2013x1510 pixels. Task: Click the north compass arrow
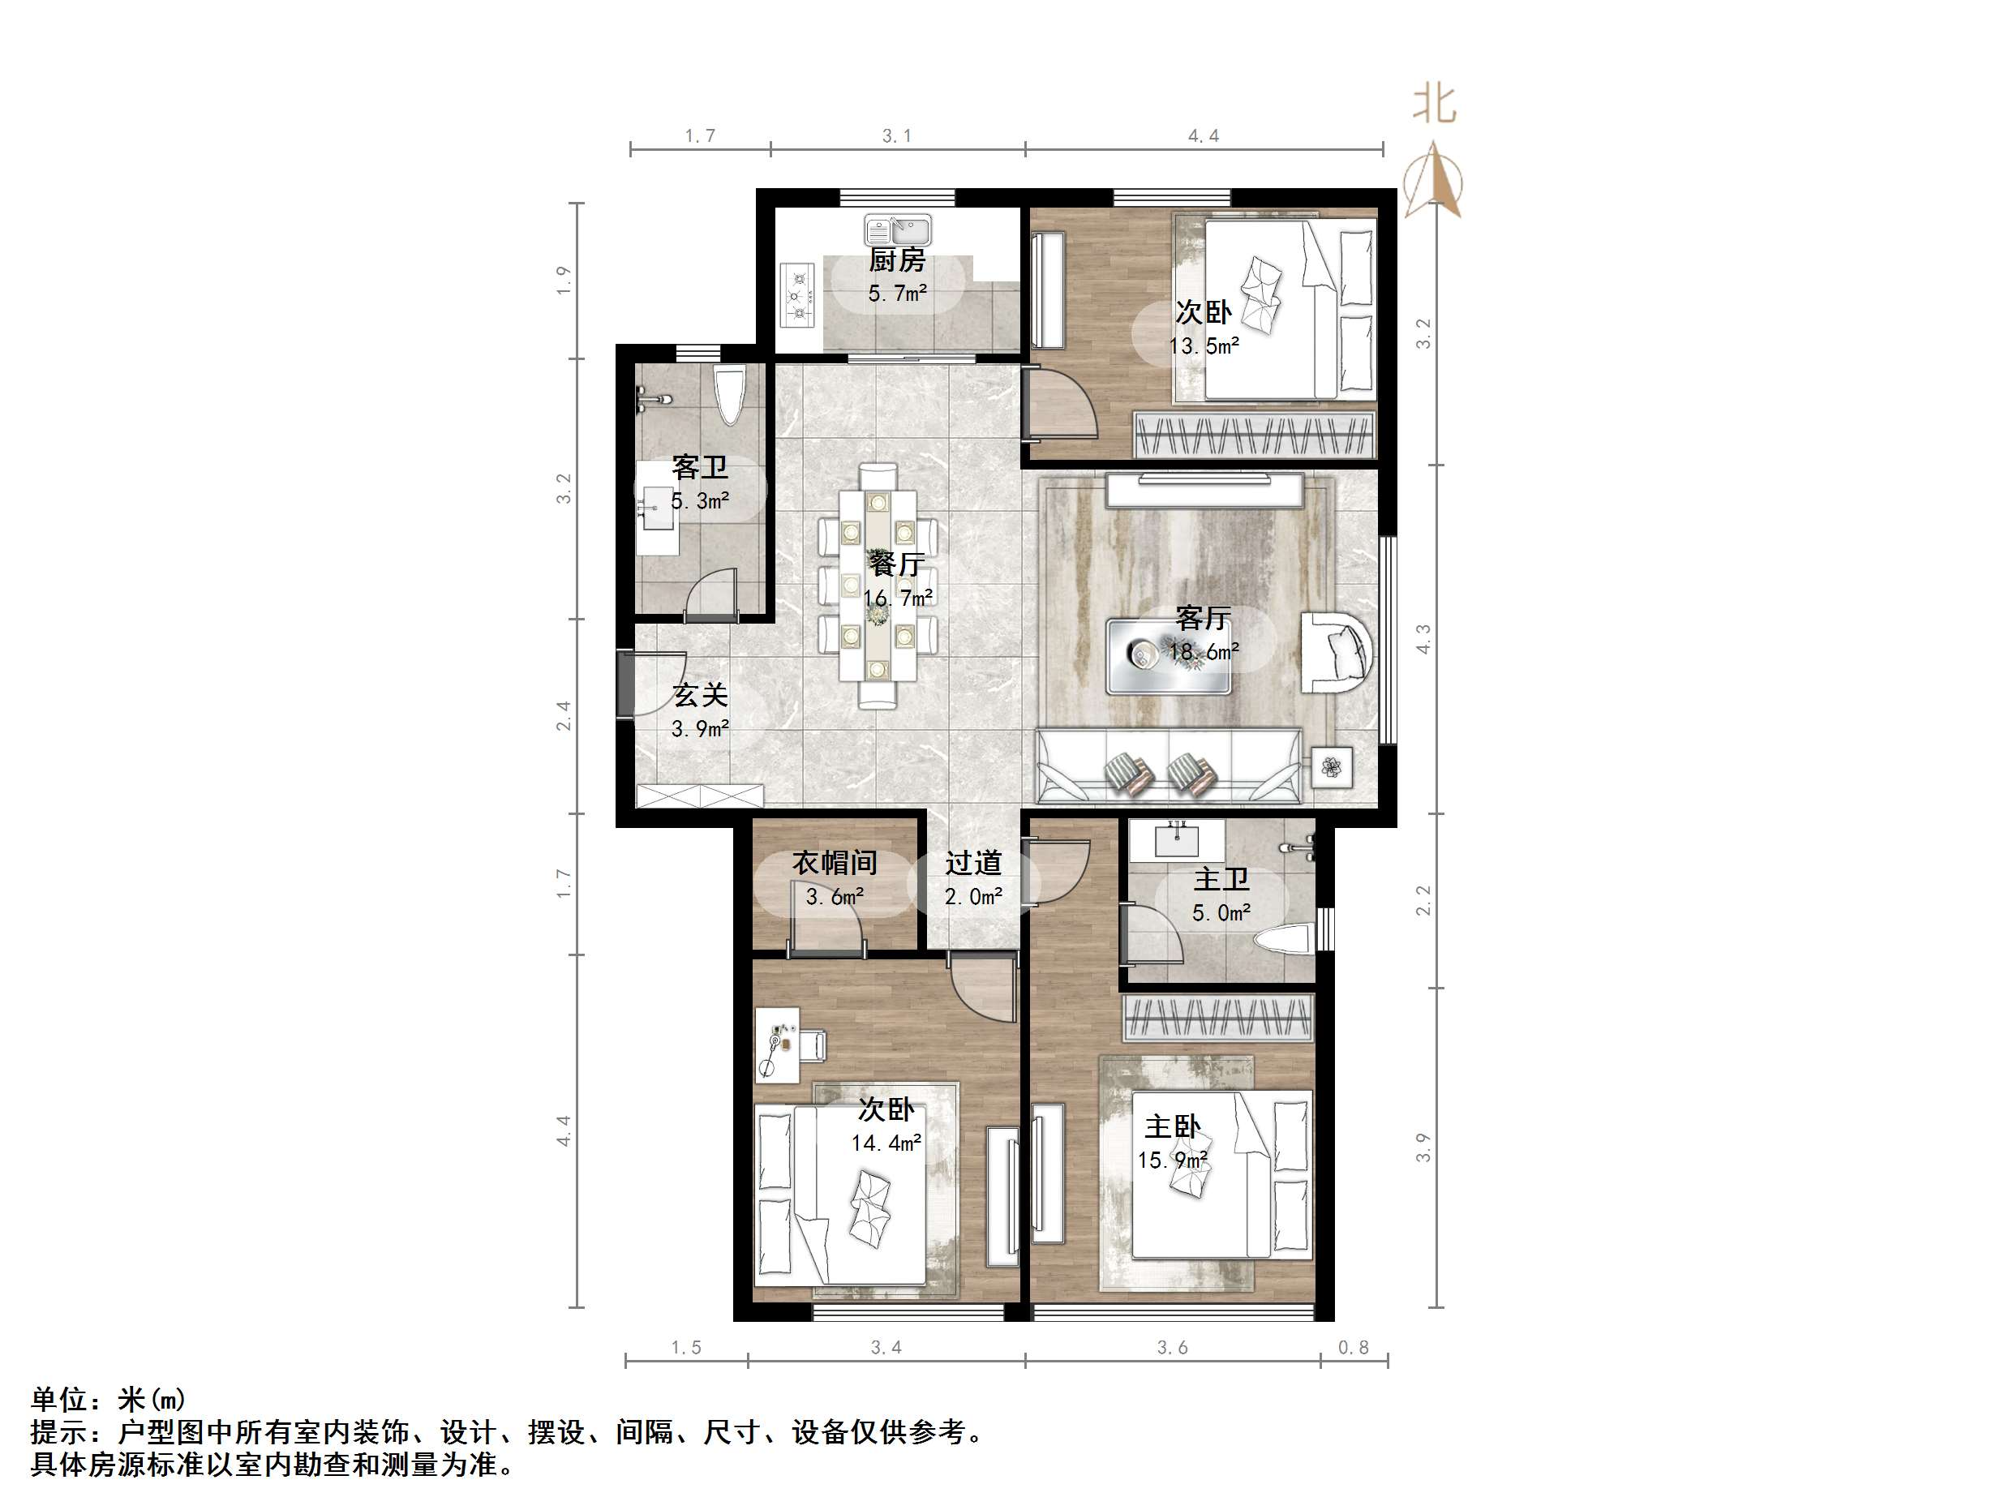(x=1432, y=179)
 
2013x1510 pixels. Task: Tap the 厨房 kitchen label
(x=896, y=261)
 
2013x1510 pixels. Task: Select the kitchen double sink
(x=897, y=230)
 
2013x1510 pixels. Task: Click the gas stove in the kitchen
(x=798, y=294)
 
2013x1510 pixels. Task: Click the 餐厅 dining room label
(x=896, y=564)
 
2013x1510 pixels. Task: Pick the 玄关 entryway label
(x=700, y=695)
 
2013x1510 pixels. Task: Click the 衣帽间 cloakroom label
(x=835, y=862)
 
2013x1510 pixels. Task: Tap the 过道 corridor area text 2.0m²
(x=974, y=897)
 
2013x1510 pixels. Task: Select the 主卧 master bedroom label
(x=1172, y=1126)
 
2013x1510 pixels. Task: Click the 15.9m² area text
(x=1172, y=1160)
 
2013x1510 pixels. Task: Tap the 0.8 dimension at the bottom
(x=1354, y=1347)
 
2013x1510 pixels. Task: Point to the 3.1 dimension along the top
(x=896, y=136)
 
